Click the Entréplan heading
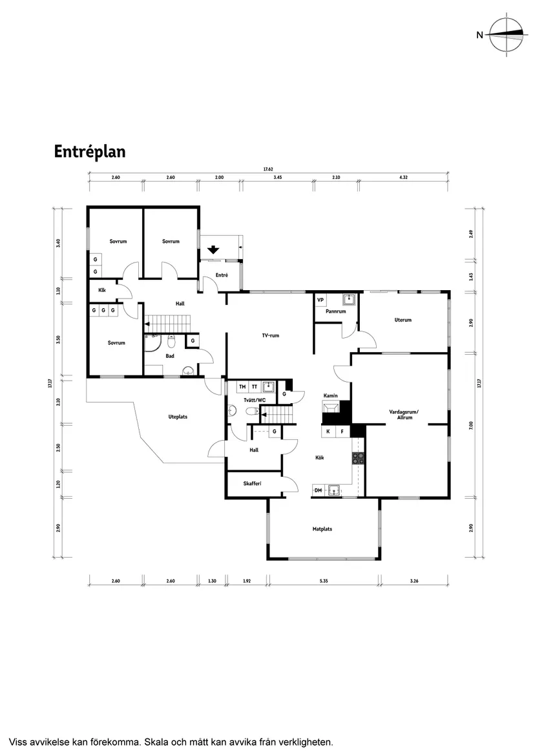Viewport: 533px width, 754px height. coord(90,152)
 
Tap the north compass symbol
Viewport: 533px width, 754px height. coord(506,35)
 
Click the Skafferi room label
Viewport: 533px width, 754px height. coord(253,483)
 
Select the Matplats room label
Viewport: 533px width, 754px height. coord(322,529)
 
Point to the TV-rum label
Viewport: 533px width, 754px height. coord(270,335)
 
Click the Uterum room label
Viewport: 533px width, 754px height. coord(403,320)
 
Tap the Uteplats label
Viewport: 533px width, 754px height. coord(178,417)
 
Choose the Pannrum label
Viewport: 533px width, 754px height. coord(336,311)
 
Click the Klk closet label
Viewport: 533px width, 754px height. coord(102,290)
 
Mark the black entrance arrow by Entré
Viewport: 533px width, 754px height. coord(214,249)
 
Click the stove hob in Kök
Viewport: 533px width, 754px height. coord(359,458)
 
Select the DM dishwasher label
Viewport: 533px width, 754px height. coord(318,490)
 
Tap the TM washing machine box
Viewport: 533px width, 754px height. coord(242,387)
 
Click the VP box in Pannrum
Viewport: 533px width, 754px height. coord(320,300)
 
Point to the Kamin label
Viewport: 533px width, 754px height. coord(331,396)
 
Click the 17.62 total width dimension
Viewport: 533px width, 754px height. coord(268,169)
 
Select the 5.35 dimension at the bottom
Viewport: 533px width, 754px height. coord(324,581)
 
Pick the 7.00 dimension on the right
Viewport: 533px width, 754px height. coord(472,425)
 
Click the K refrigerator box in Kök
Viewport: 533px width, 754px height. coord(328,432)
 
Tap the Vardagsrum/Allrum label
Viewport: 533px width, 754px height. coord(404,415)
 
